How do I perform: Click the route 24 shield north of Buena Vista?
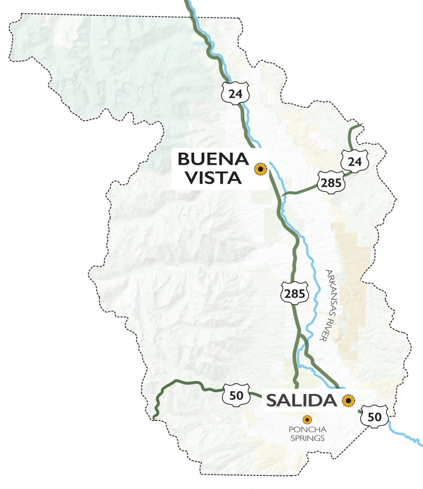235,93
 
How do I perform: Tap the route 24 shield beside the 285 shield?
355,161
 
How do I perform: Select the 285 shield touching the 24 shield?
331,183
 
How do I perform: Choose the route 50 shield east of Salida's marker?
375,416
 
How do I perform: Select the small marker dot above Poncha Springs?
307,419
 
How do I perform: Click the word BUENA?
213,159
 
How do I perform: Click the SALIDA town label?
301,401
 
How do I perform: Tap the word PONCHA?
307,430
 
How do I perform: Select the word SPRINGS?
307,438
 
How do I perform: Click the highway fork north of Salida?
300,337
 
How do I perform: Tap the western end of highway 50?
154,417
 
